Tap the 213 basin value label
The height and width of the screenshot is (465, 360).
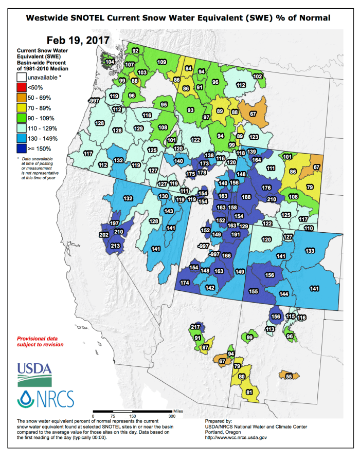tap(115, 246)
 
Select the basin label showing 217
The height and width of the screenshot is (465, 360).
tap(195, 327)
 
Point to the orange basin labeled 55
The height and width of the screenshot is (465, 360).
tap(289, 377)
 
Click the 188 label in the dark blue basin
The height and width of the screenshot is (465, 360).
tap(247, 197)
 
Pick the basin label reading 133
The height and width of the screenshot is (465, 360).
tap(310, 251)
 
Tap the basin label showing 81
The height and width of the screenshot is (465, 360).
tap(249, 393)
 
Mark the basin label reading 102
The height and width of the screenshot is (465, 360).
tap(258, 77)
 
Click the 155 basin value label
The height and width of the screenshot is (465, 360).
tap(253, 291)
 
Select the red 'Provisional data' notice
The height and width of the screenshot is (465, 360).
tap(41, 342)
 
